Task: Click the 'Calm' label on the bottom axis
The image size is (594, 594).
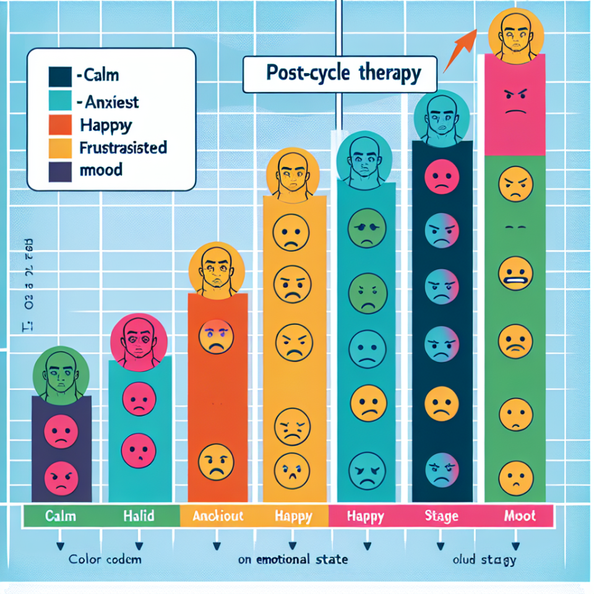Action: [61, 515]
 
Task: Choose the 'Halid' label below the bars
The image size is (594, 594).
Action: [139, 515]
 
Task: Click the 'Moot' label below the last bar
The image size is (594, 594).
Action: [520, 515]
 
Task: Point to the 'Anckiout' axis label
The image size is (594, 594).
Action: [218, 515]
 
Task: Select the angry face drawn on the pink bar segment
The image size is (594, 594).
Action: [515, 102]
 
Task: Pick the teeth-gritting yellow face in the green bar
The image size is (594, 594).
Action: [515, 274]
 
